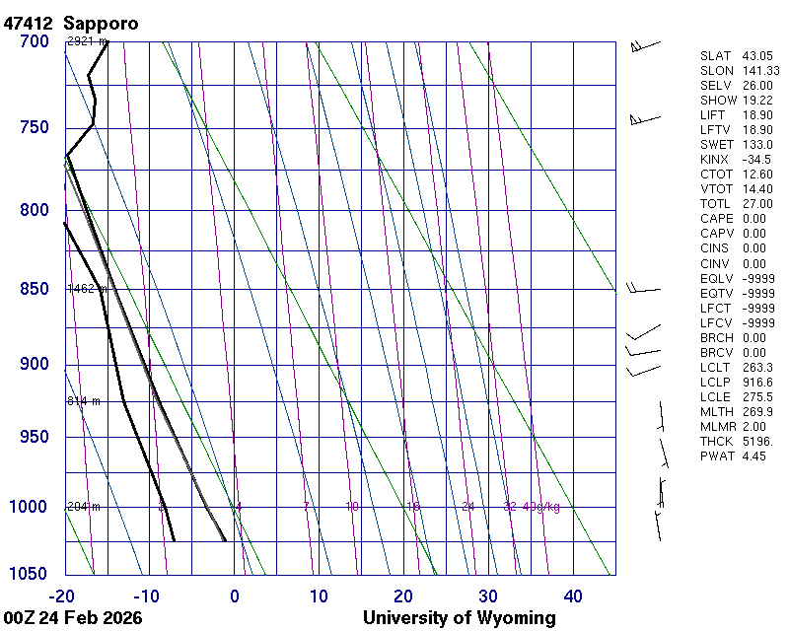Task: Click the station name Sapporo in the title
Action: click(x=101, y=23)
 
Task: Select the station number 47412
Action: click(x=29, y=23)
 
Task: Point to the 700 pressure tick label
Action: click(x=34, y=41)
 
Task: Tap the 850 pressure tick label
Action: click(x=34, y=289)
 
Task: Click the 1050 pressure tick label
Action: click(x=30, y=575)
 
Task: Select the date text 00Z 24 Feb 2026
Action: click(x=73, y=618)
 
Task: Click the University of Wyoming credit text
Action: click(x=460, y=618)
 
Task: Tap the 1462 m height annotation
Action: click(x=86, y=289)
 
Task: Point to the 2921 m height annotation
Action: click(x=86, y=41)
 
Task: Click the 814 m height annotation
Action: click(x=83, y=401)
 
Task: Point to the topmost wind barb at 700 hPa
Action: click(x=643, y=44)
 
